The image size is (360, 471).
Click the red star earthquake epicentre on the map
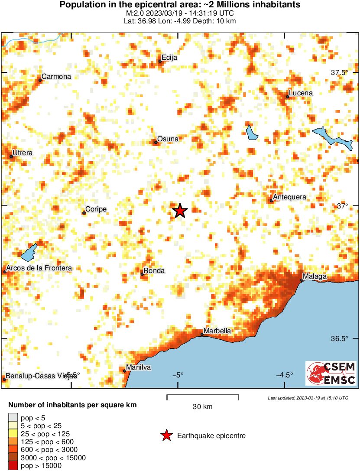click(x=180, y=211)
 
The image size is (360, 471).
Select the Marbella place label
click(x=217, y=331)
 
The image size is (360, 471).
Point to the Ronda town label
click(x=154, y=271)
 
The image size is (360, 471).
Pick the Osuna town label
click(x=168, y=139)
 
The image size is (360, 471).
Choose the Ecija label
click(x=169, y=58)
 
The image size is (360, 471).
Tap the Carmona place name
click(x=56, y=77)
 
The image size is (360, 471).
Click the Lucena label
click(x=301, y=93)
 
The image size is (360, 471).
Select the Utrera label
click(x=23, y=153)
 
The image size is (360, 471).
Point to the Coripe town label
click(x=96, y=209)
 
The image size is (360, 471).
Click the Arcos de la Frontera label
click(x=39, y=268)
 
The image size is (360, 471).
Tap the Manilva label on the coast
click(x=138, y=367)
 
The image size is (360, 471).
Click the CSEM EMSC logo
click(x=331, y=374)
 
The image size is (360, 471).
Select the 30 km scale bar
click(x=203, y=396)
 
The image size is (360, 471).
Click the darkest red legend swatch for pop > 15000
click(x=13, y=466)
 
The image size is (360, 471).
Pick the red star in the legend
click(x=166, y=435)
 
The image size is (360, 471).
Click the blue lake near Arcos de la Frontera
click(x=29, y=252)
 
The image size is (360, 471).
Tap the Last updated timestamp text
click(x=308, y=398)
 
